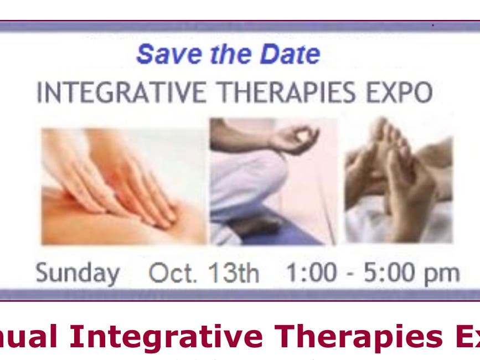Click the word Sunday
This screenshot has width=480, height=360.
77,273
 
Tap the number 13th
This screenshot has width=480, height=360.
233,273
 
